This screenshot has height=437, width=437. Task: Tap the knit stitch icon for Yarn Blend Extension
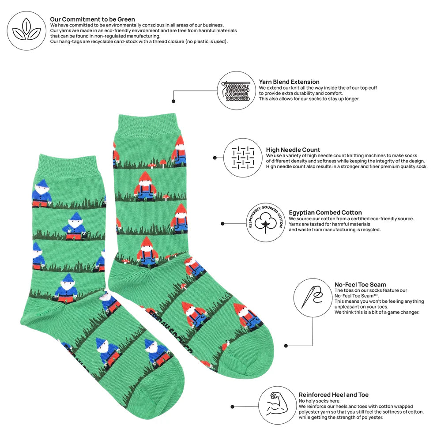[237, 90]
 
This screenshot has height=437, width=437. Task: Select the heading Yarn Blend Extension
[289, 82]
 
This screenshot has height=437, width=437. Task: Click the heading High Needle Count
[293, 150]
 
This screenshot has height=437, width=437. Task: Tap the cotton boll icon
[265, 222]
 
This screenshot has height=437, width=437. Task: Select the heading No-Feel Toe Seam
[360, 285]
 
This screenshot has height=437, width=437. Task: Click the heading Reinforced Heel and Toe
[333, 395]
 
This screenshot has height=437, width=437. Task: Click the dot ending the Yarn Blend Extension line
[173, 101]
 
